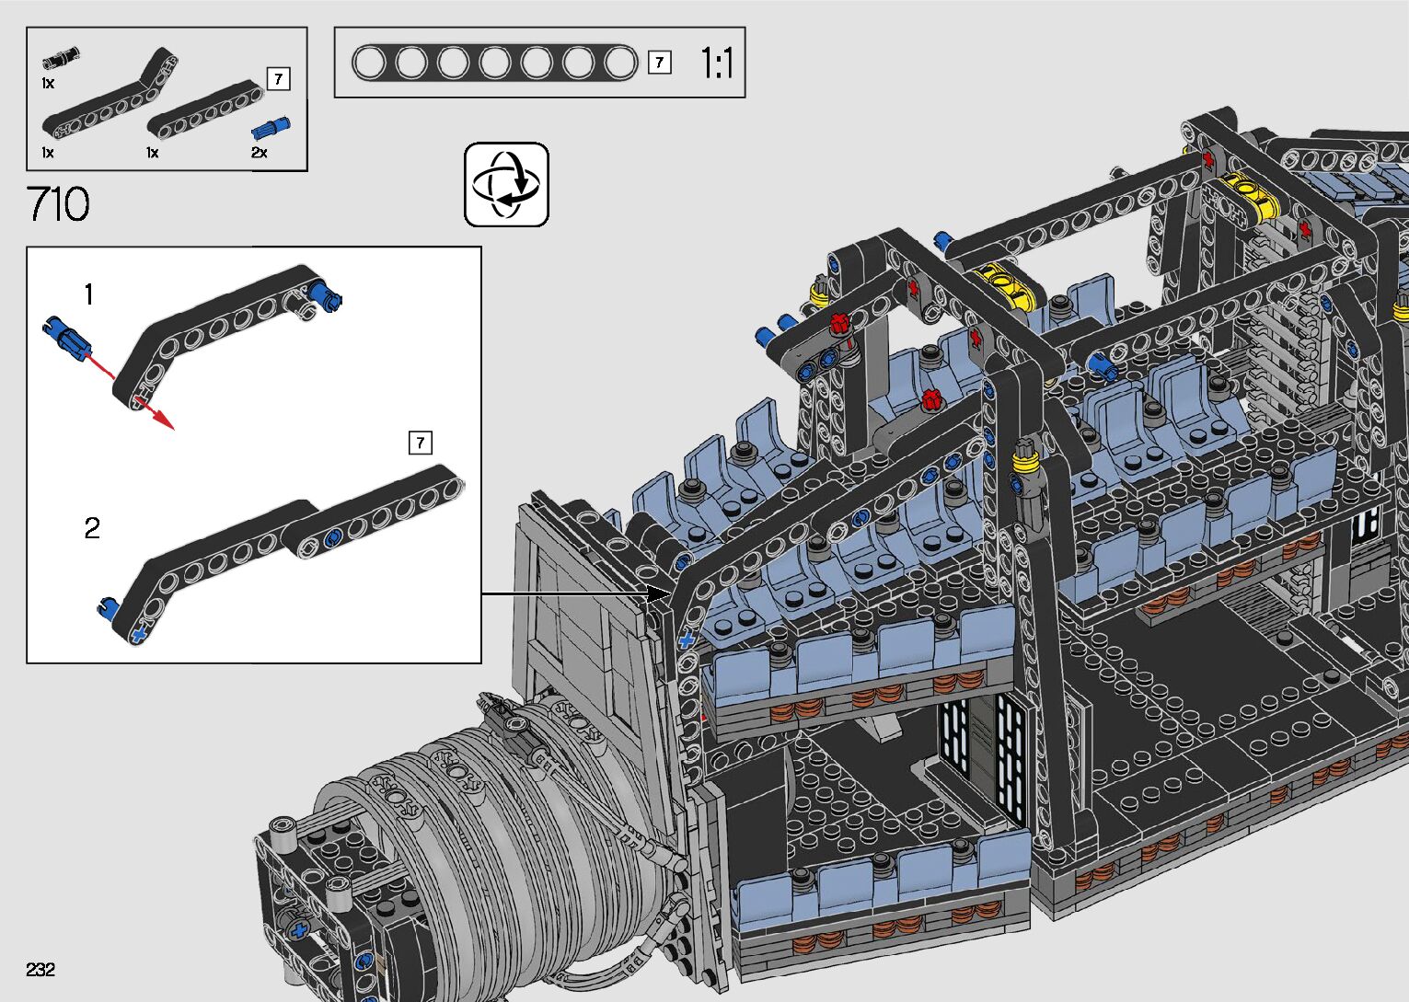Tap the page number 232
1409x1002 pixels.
tap(40, 969)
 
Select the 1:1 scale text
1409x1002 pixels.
tap(716, 63)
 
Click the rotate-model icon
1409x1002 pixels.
tap(506, 184)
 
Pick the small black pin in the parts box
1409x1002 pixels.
tap(61, 58)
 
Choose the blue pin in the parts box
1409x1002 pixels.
tap(271, 128)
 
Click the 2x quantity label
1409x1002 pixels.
tap(260, 152)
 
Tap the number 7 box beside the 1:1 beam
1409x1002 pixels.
tap(659, 63)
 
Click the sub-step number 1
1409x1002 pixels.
tap(88, 294)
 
